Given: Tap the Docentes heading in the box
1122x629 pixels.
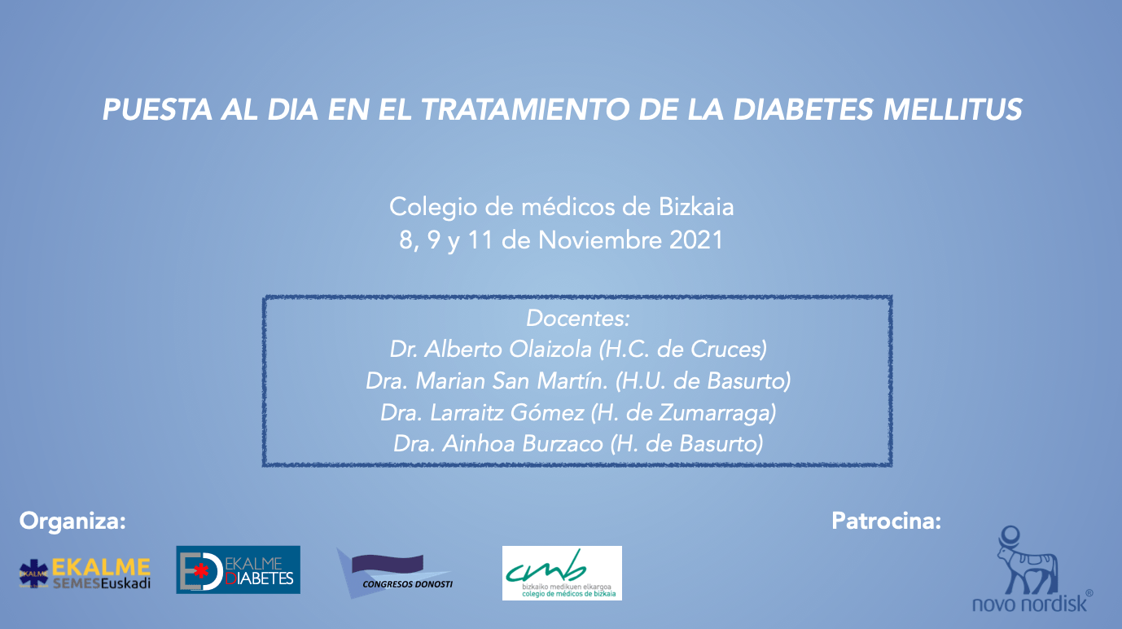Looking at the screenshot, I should (578, 318).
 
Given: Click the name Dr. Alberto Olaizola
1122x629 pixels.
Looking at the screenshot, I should (491, 349).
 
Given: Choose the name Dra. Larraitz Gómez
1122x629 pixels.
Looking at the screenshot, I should (482, 412).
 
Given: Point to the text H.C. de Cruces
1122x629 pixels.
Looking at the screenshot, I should (683, 349).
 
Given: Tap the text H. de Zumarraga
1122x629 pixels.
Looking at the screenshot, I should (683, 412).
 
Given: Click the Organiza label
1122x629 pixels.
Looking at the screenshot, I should (72, 521).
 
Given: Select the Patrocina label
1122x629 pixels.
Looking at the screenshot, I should (886, 521).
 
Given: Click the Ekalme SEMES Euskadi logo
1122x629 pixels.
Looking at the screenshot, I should (85, 573).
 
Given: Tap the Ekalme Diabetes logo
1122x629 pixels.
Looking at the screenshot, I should (238, 570).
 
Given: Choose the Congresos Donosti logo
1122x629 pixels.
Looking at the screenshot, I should (395, 571).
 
